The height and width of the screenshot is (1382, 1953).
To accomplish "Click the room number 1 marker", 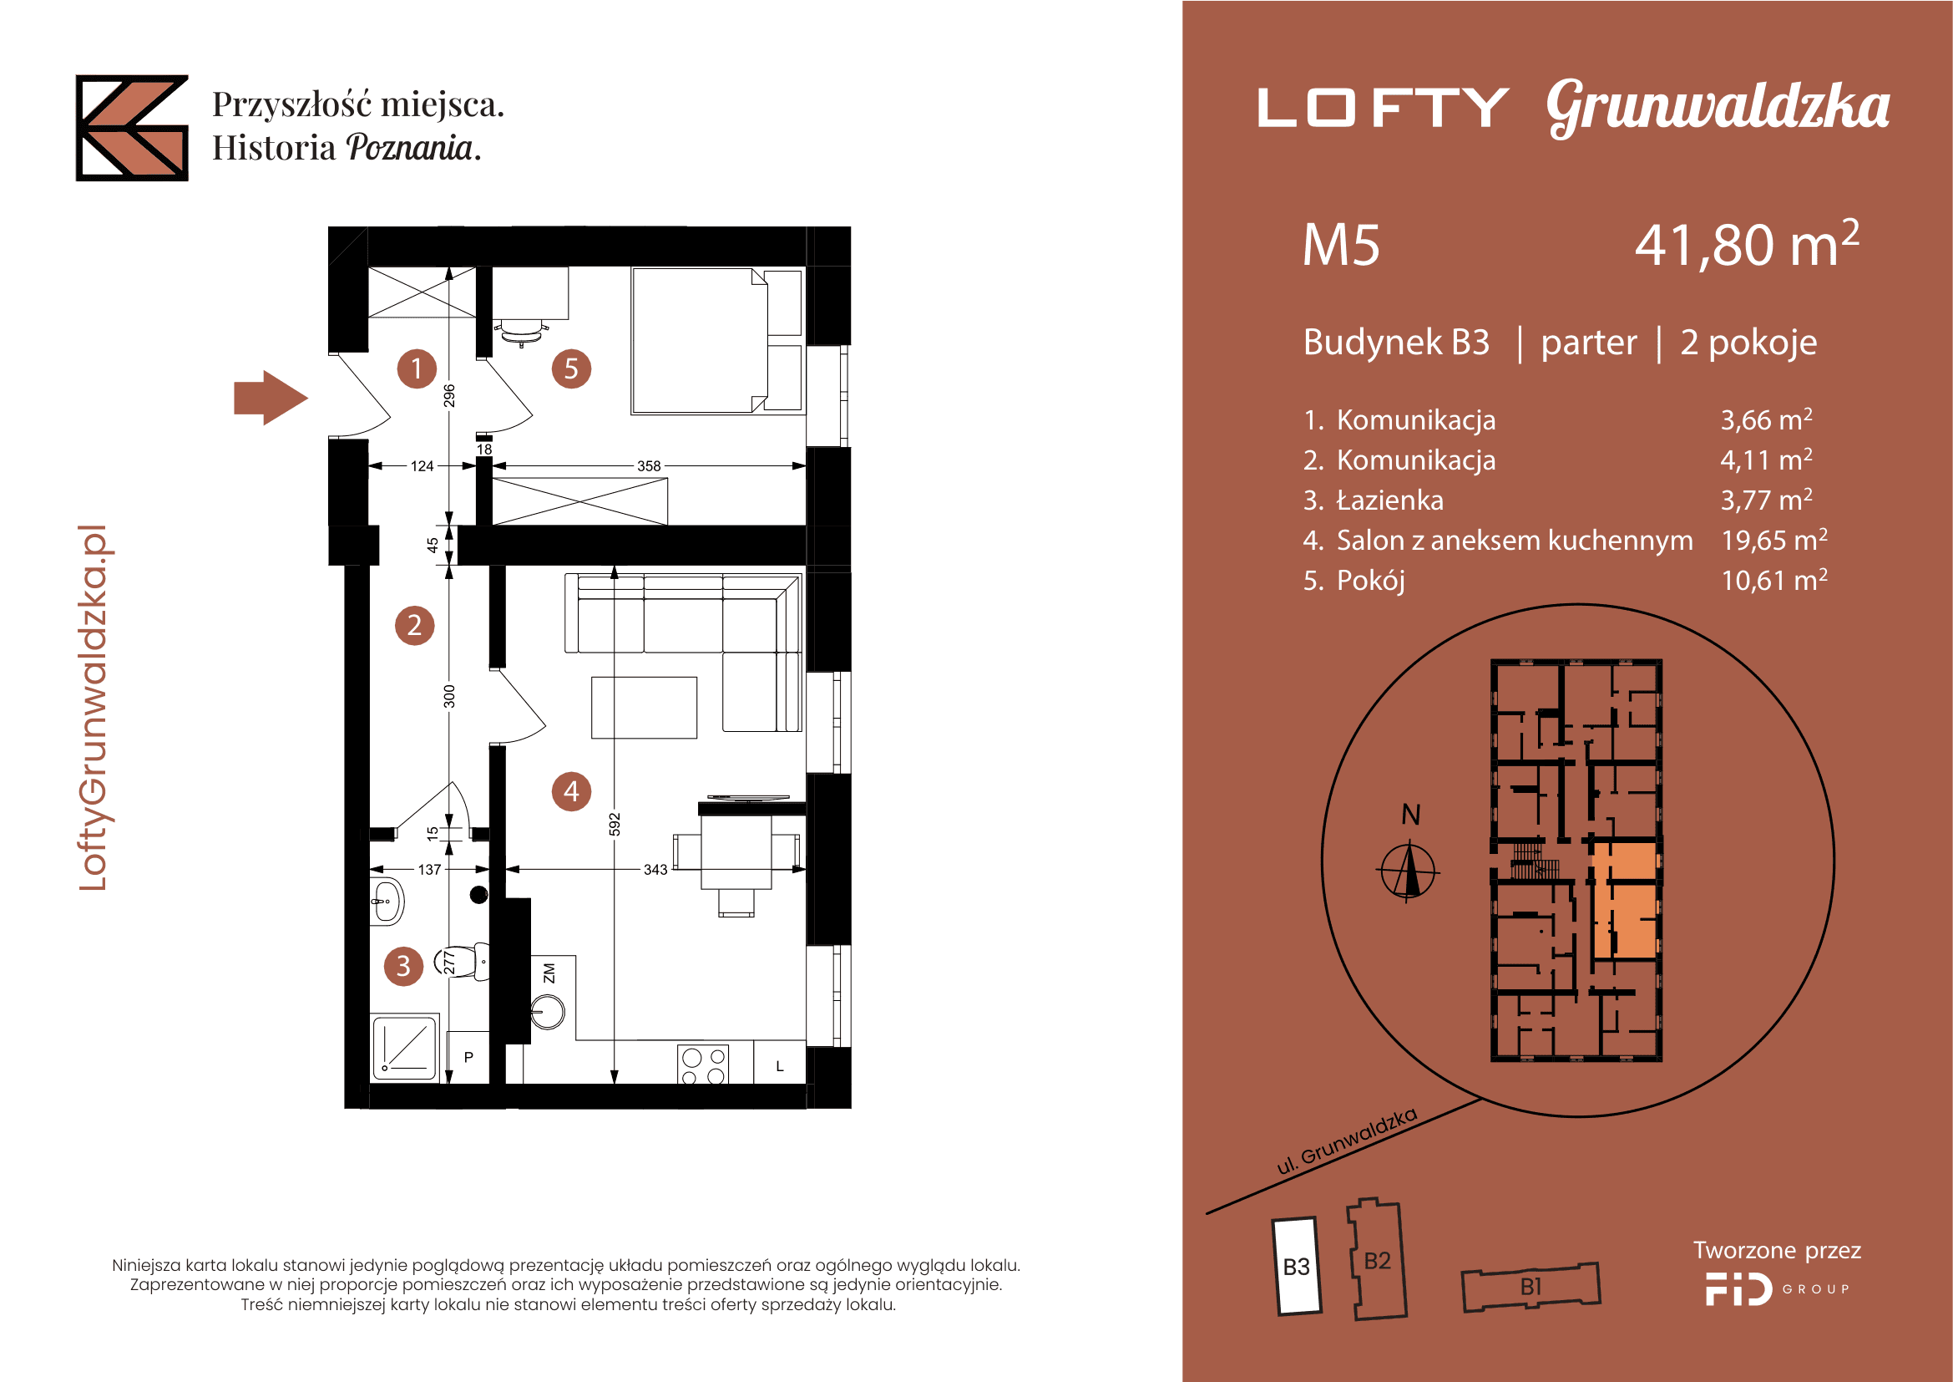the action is click(x=417, y=368).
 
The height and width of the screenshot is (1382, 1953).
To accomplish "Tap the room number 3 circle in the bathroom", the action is click(x=403, y=966).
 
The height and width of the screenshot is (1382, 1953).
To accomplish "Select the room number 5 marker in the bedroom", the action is click(x=571, y=368).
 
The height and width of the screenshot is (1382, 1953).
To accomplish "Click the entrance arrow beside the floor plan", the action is click(x=271, y=398).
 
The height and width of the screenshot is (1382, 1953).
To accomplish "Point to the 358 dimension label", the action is click(x=649, y=466).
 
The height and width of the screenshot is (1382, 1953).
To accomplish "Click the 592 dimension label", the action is click(x=615, y=824).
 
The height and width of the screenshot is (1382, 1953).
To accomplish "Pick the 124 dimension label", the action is click(x=422, y=466).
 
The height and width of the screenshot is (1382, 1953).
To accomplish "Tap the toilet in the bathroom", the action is click(x=463, y=962).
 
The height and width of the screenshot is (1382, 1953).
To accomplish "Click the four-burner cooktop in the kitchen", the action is click(x=703, y=1064).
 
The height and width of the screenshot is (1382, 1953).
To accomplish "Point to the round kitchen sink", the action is click(x=547, y=1013).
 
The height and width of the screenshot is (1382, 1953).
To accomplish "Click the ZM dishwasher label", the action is click(x=549, y=973).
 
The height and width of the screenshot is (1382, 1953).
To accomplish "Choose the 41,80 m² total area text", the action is click(x=1746, y=244).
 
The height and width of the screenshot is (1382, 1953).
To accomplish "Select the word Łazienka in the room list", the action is click(x=1390, y=500).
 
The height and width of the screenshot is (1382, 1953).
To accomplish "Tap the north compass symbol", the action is click(x=1408, y=871).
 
